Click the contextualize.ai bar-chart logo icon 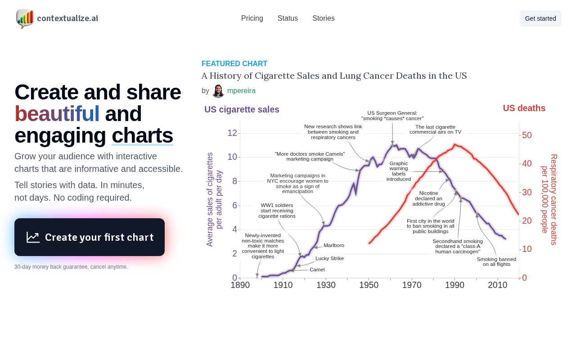click(x=25, y=18)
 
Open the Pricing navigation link click(x=252, y=18)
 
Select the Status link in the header click(x=288, y=18)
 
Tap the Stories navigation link click(x=323, y=18)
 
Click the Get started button click(x=540, y=18)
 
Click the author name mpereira click(x=241, y=91)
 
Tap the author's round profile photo click(x=218, y=91)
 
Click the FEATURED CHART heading click(x=234, y=63)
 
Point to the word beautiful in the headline click(x=57, y=114)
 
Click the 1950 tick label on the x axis click(x=369, y=285)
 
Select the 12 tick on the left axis click(x=232, y=133)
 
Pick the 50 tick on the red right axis click(x=526, y=135)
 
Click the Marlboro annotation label click(x=333, y=245)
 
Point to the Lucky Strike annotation click(x=329, y=258)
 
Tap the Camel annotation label click(x=317, y=270)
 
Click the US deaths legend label click(x=524, y=108)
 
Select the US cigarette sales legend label click(x=242, y=109)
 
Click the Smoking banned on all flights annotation click(x=496, y=262)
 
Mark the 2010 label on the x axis click(x=498, y=285)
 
